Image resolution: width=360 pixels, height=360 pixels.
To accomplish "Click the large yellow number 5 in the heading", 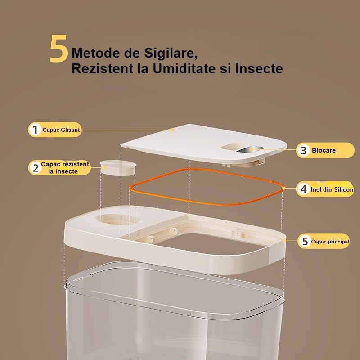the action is click(x=59, y=48).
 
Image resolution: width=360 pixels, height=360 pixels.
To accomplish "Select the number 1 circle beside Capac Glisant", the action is click(x=35, y=130).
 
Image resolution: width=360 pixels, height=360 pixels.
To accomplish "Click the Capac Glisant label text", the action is click(x=61, y=130).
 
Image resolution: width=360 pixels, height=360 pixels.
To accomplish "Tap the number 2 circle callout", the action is click(x=36, y=168).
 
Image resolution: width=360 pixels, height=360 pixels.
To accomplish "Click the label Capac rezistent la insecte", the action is click(x=65, y=168).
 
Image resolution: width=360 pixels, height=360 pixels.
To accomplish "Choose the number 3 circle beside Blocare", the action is click(x=303, y=150).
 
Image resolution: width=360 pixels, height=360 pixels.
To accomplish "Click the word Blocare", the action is click(x=324, y=150).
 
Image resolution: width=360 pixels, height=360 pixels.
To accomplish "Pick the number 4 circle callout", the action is click(x=303, y=189).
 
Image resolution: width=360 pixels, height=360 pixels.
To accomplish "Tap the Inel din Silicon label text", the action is click(x=332, y=189).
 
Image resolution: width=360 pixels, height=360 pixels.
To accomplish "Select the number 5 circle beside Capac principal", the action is click(x=305, y=241).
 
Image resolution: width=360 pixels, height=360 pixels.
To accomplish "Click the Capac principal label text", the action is click(x=330, y=242).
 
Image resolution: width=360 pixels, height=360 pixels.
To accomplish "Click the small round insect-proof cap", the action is click(x=118, y=167).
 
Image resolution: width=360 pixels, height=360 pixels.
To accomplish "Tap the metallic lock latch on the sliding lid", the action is click(x=250, y=149).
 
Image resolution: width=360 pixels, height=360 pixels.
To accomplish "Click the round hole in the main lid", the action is click(x=118, y=220).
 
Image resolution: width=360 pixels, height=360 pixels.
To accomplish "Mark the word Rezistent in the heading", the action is click(x=103, y=68).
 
